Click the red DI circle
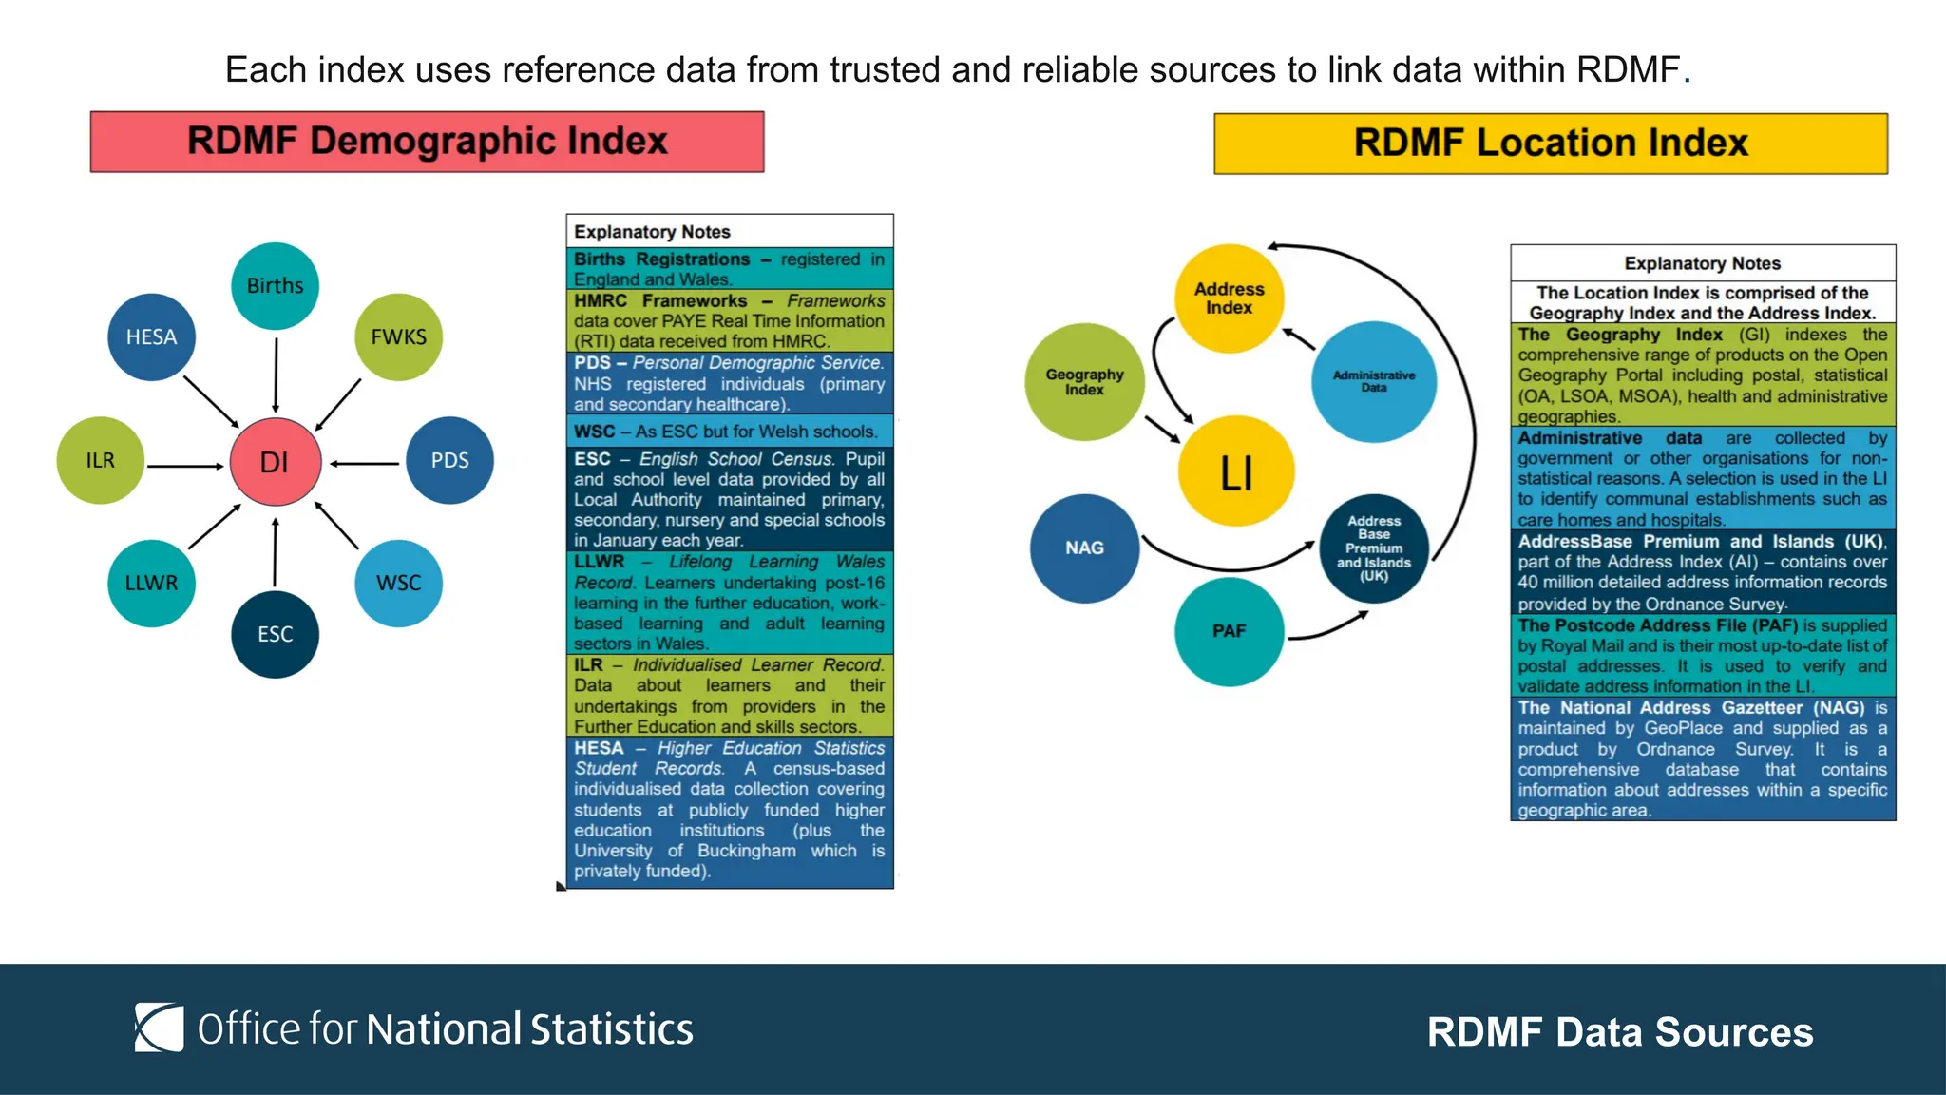(275, 462)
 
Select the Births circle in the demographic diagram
(275, 286)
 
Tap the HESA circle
(151, 337)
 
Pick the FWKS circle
(398, 337)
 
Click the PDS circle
(449, 461)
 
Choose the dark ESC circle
(275, 634)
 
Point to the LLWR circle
(151, 583)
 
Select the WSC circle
(398, 583)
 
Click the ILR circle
(100, 461)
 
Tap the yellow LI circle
(1235, 471)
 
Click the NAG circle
(1084, 548)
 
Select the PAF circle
(1229, 631)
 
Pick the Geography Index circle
(1084, 382)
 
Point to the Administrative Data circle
(1373, 382)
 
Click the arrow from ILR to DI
(185, 466)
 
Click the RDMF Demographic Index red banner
(427, 142)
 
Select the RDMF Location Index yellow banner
(1550, 144)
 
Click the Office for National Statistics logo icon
(159, 1028)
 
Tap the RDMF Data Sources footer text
(1619, 1032)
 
